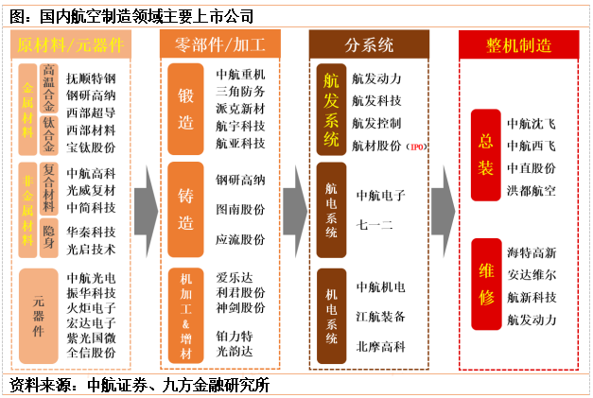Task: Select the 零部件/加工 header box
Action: point(219,44)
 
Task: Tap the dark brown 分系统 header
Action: point(369,44)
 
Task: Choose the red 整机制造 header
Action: point(518,44)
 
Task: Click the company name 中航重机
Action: point(241,74)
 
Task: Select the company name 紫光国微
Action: point(92,338)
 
